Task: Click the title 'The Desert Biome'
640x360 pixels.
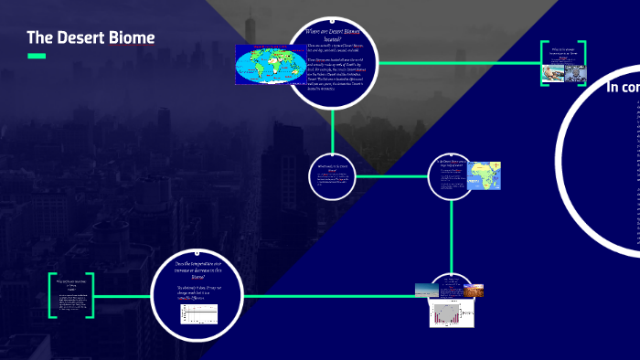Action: click(x=91, y=37)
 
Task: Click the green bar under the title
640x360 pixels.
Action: click(x=37, y=57)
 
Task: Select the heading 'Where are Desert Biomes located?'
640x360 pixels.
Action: click(x=333, y=36)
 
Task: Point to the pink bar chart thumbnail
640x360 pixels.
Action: click(x=450, y=313)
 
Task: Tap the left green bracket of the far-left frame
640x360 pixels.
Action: click(x=51, y=295)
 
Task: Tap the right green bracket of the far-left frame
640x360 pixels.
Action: click(x=91, y=295)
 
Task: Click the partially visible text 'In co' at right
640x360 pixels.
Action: click(x=623, y=88)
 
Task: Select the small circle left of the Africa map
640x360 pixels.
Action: click(x=450, y=175)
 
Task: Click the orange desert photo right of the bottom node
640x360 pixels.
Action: click(x=474, y=291)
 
